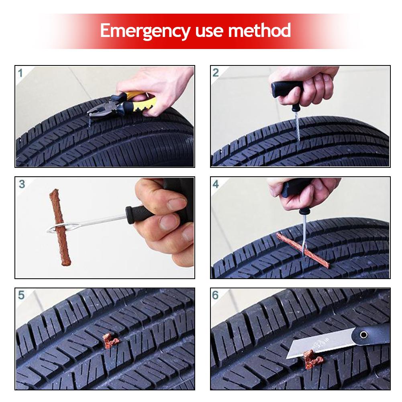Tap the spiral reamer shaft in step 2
[297, 124]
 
